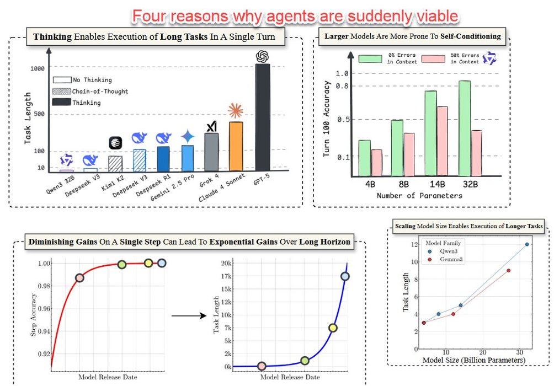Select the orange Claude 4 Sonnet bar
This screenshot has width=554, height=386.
236,146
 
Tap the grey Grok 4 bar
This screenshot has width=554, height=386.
212,151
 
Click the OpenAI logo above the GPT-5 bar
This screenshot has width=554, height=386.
263,56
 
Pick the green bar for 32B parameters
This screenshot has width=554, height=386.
465,128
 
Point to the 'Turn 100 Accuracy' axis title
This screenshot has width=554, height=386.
327,119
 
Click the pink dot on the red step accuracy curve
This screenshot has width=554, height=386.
79,278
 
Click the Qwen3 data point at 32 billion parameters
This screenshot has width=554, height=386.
526,244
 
